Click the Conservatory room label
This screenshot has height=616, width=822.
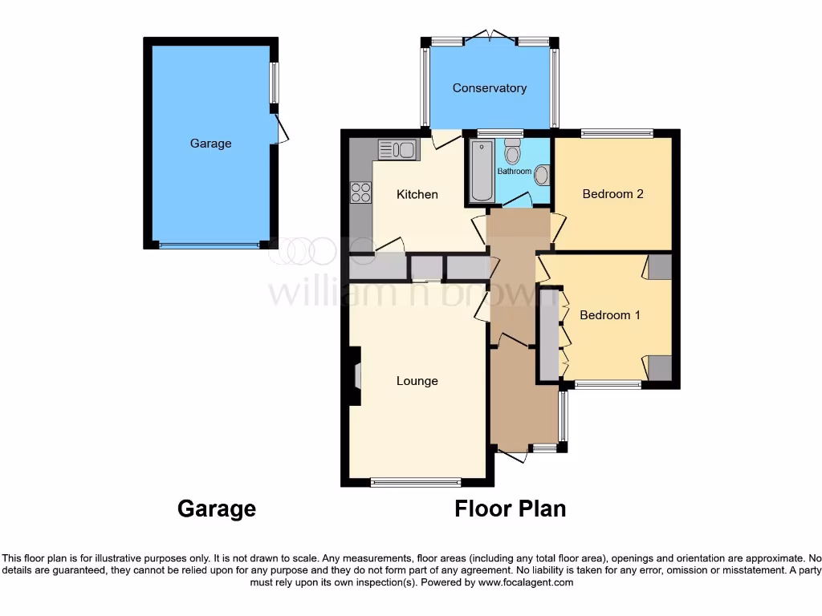pyautogui.click(x=489, y=88)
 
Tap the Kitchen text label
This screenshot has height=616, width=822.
pyautogui.click(x=417, y=194)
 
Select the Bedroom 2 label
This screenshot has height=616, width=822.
pyautogui.click(x=612, y=193)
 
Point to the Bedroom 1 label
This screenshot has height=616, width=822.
pyautogui.click(x=610, y=315)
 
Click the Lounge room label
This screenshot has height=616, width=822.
pyautogui.click(x=417, y=381)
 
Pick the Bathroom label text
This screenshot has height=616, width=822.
pyautogui.click(x=514, y=172)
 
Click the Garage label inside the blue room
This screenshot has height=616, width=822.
pyautogui.click(x=210, y=144)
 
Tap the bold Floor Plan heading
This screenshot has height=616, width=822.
pyautogui.click(x=510, y=509)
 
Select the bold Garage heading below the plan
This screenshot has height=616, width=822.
pyautogui.click(x=216, y=509)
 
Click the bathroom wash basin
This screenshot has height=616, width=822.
pyautogui.click(x=542, y=175)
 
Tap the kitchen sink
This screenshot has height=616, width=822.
pyautogui.click(x=397, y=149)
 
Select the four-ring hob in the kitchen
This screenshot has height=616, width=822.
pyautogui.click(x=360, y=192)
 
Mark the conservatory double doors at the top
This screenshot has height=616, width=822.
pyautogui.click(x=490, y=37)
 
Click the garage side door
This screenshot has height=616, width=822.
pyautogui.click(x=279, y=129)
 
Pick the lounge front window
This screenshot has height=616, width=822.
pyautogui.click(x=416, y=483)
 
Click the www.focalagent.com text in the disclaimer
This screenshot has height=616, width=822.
pyautogui.click(x=525, y=582)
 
